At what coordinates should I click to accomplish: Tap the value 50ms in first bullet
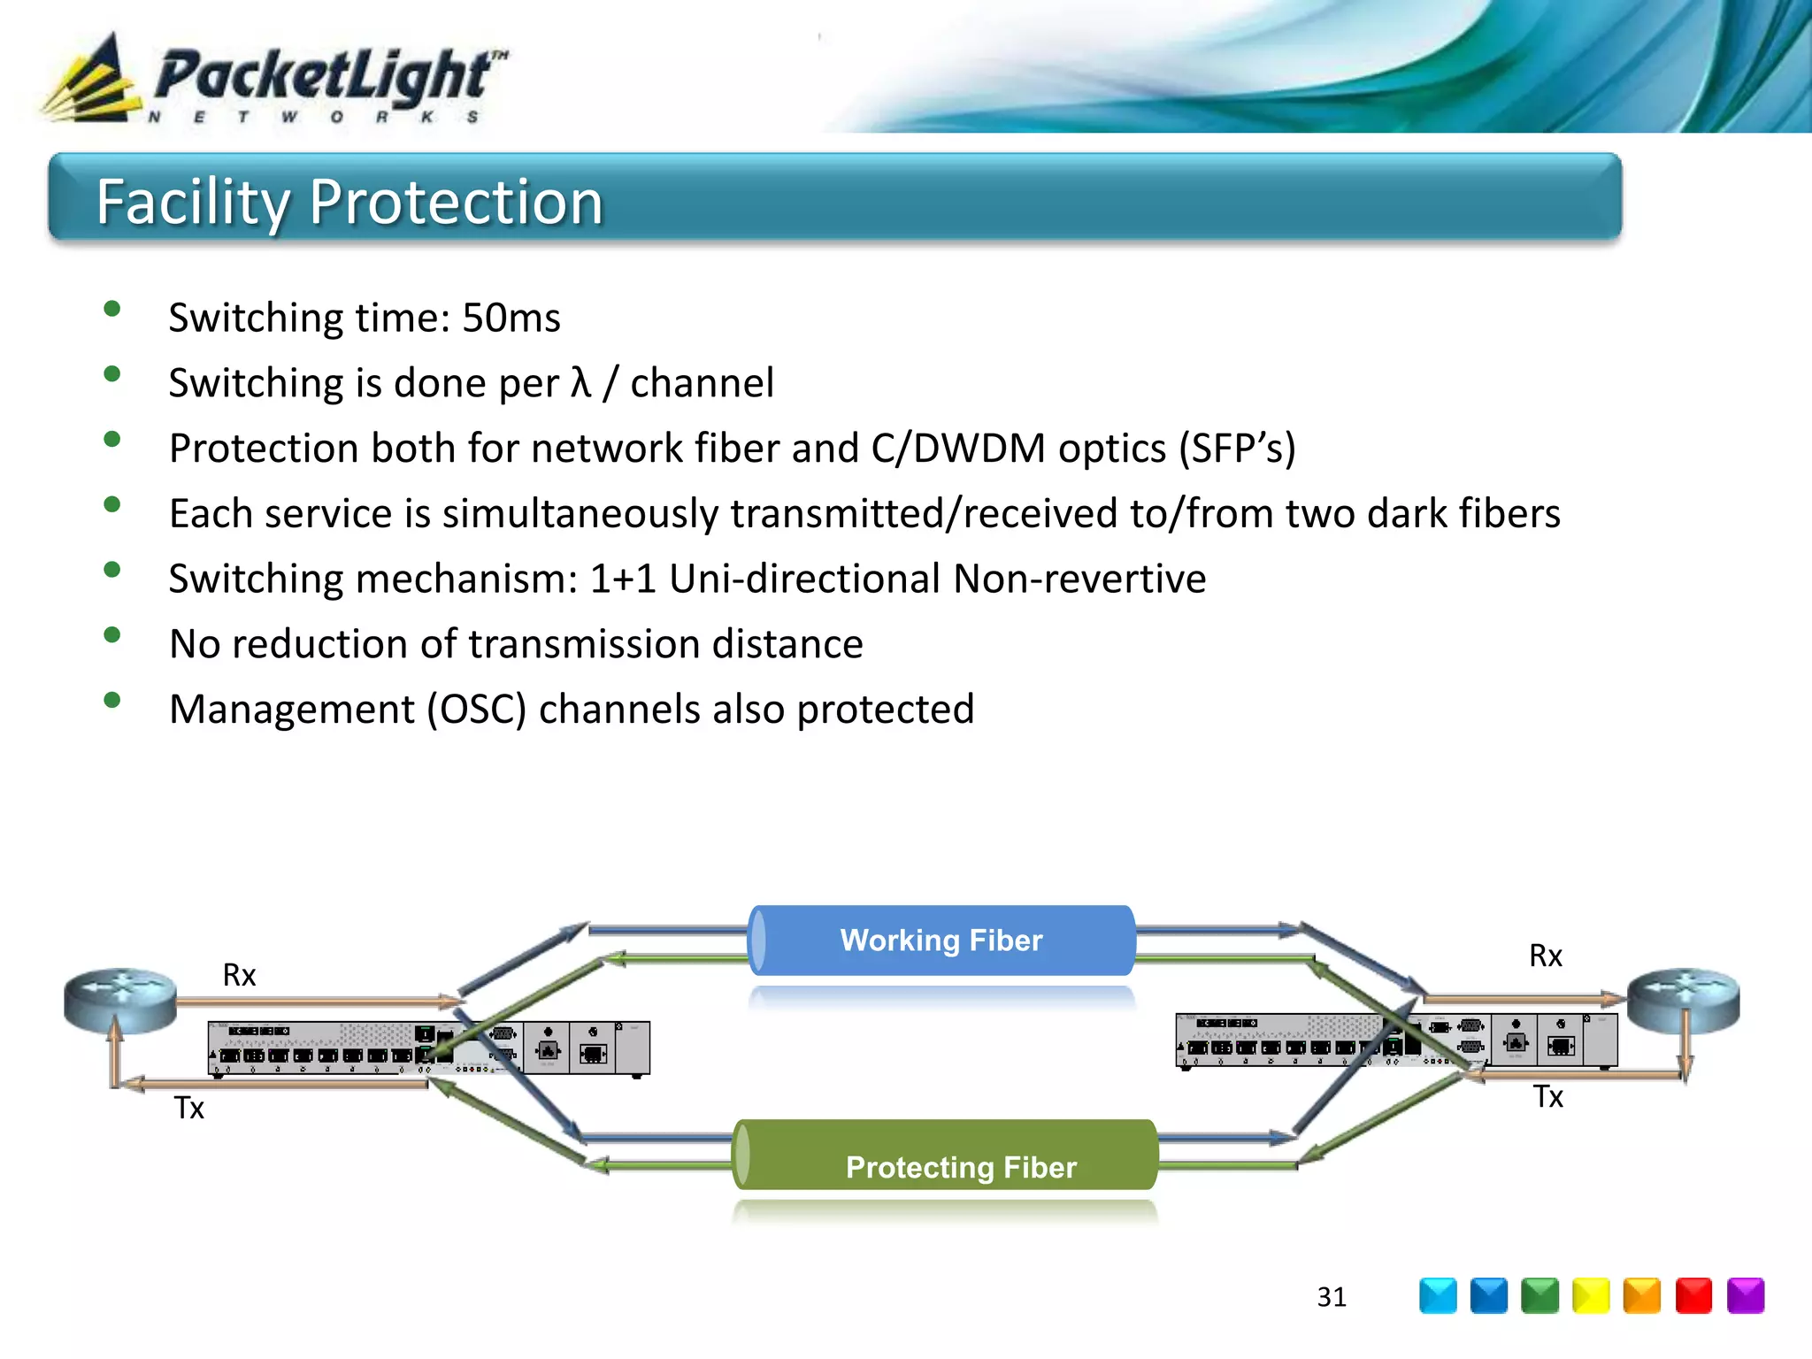coord(511,318)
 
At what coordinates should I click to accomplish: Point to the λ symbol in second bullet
coord(580,382)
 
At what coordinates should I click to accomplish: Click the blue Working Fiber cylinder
coord(941,941)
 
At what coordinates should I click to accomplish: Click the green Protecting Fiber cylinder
coord(945,1156)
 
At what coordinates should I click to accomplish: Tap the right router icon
coord(1683,1000)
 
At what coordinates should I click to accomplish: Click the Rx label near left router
coord(239,975)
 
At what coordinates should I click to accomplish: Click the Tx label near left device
coord(188,1108)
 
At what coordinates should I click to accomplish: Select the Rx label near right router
coord(1546,956)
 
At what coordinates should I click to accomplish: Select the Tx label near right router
coord(1547,1097)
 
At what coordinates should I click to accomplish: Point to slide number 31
coord(1331,1297)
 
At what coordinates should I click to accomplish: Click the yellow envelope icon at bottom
coord(1591,1296)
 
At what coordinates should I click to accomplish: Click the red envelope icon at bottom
coord(1693,1296)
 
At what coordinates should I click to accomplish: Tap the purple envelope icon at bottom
coord(1745,1296)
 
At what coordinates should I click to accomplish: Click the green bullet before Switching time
coord(111,309)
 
